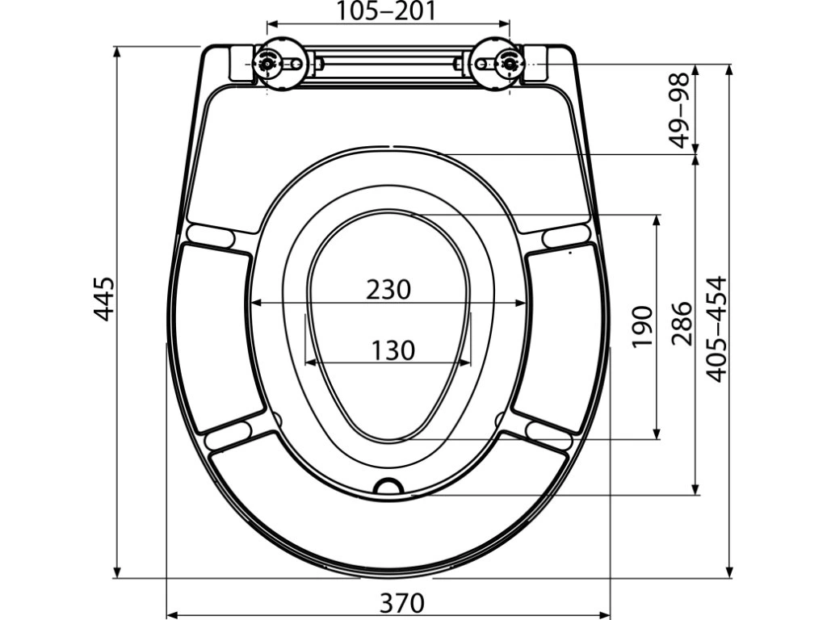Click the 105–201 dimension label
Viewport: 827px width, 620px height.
(387, 10)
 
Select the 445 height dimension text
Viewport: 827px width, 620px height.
(104, 299)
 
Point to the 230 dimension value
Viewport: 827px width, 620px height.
(388, 290)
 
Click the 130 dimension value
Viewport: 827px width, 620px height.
(393, 350)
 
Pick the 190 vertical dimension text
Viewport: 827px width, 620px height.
(642, 326)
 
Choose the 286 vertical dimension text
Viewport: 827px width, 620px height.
(681, 323)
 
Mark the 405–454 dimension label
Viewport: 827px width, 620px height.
(716, 329)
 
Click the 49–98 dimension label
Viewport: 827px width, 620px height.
(679, 110)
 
